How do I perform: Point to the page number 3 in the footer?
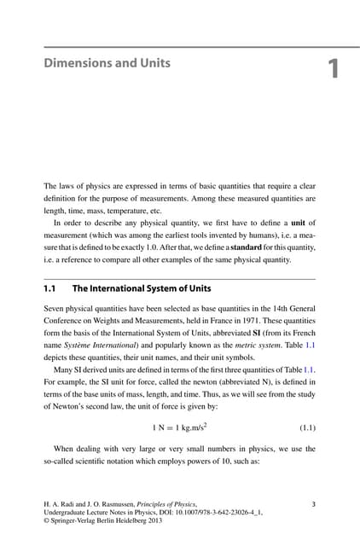click(x=314, y=504)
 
